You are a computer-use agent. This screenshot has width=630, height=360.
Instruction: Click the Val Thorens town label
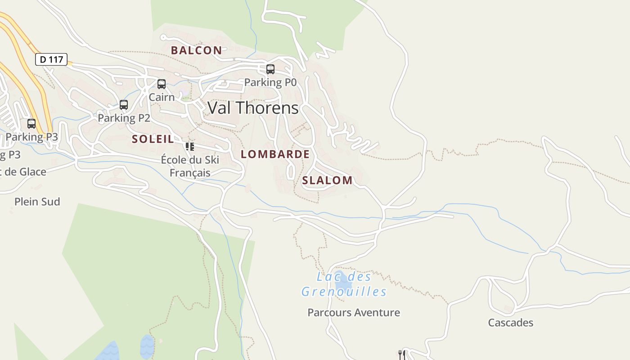pos(253,108)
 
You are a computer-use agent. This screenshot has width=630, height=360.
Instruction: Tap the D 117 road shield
pos(51,59)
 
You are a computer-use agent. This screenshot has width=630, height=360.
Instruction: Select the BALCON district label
pos(196,50)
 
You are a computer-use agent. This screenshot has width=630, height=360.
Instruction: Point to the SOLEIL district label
pos(153,139)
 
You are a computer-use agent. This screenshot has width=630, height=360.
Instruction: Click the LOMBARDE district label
pos(275,154)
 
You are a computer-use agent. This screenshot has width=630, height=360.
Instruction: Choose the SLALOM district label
pos(327,180)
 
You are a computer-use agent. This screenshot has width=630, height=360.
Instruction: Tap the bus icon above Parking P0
pos(270,69)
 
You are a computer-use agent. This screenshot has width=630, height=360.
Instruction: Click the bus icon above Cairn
pos(162,84)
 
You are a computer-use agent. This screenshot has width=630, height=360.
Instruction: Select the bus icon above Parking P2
pos(124,105)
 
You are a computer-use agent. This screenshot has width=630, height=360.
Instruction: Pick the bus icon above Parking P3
pos(31,124)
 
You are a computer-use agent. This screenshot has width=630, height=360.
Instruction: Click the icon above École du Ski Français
pos(190,147)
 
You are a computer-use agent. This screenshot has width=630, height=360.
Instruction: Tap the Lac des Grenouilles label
pos(344,284)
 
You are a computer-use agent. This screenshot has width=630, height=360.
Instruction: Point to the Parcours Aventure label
pos(353,312)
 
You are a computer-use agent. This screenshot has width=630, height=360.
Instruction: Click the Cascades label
pos(510,323)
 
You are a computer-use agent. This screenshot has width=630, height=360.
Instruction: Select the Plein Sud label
pos(37,202)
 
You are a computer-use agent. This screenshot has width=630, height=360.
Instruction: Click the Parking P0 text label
pos(270,82)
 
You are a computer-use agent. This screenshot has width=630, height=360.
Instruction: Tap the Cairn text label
pos(162,97)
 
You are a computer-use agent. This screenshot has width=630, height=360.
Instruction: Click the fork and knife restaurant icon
pos(402,355)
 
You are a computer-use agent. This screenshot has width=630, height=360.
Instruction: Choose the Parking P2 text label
pos(124,118)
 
